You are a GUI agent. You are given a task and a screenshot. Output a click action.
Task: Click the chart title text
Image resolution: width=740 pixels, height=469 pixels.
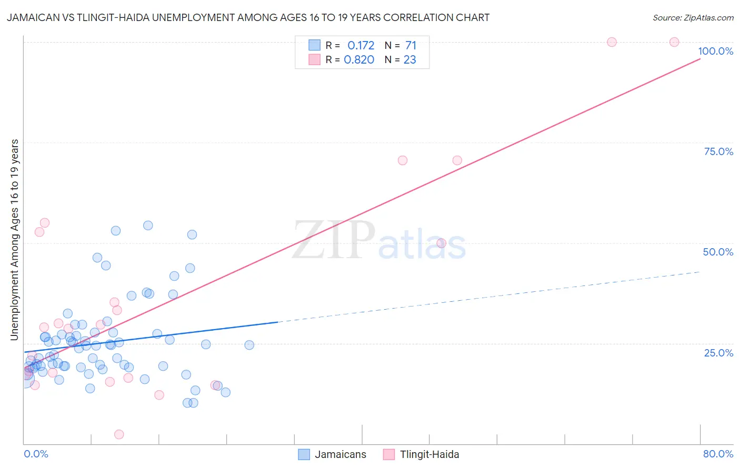(248, 17)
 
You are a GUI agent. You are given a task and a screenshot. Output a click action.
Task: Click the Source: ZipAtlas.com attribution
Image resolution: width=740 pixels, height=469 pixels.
(693, 17)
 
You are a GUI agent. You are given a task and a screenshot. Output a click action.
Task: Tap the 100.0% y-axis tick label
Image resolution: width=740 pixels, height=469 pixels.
(715, 51)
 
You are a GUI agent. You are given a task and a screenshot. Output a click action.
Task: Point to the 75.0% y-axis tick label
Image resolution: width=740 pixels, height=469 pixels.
(718, 151)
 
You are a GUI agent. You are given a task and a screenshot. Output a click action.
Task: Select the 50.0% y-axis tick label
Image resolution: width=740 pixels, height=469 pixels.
(718, 252)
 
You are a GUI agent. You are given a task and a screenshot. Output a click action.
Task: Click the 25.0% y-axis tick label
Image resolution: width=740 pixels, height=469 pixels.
(718, 353)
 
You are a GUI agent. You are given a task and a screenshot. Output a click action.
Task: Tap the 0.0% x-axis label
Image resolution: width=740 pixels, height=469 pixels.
(36, 454)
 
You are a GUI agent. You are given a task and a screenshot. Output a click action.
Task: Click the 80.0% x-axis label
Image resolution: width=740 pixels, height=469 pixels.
(718, 454)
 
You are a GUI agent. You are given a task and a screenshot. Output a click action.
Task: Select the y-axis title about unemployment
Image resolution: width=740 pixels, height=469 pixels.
(15, 240)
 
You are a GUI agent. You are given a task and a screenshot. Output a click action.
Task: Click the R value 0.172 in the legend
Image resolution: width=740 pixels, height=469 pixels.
(361, 46)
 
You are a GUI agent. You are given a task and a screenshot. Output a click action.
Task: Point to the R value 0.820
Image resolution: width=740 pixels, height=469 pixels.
(359, 60)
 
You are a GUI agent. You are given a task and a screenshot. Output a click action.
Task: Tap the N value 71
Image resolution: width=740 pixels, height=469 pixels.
(411, 46)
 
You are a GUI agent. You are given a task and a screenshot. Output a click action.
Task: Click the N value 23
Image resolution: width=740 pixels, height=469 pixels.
(409, 60)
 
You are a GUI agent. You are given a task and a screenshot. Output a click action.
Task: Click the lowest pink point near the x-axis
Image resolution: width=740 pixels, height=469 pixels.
(119, 434)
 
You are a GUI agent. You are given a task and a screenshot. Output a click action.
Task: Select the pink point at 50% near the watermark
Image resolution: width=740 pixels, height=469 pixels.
(441, 243)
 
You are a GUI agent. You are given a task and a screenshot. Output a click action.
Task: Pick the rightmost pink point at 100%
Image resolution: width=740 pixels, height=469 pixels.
(674, 42)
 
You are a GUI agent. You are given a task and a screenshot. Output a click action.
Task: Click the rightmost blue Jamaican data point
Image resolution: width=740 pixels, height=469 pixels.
(249, 345)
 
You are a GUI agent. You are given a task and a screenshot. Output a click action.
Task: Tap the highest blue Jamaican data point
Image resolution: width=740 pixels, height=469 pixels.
(148, 226)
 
